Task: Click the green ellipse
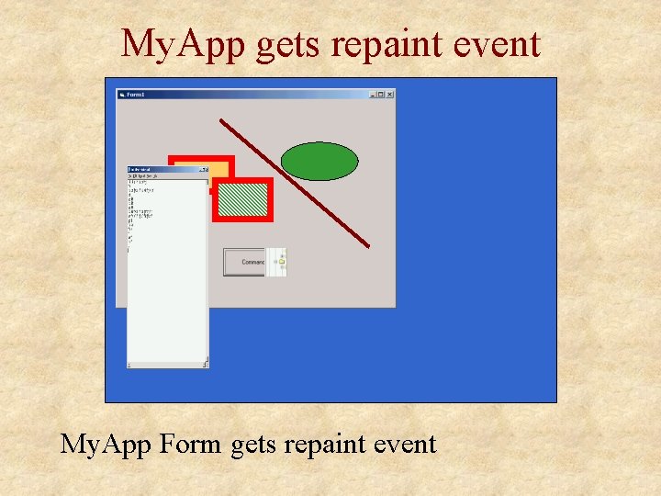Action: [x=319, y=162]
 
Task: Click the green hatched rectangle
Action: [x=243, y=199]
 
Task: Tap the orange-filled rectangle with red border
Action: [x=217, y=167]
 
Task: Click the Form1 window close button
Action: [x=390, y=94]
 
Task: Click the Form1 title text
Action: [x=136, y=94]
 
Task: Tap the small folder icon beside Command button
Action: [x=281, y=262]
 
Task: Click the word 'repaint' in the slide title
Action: [x=375, y=44]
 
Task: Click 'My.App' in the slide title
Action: [x=184, y=44]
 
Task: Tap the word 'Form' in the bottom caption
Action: [x=190, y=445]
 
